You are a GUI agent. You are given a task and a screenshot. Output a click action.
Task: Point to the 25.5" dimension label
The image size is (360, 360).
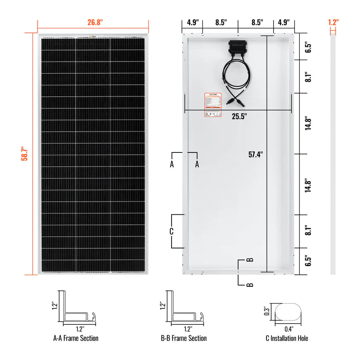coord(240,116)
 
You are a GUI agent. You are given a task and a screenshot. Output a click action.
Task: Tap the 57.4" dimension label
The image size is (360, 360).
coord(255,154)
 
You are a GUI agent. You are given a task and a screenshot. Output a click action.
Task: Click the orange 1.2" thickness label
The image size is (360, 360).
coord(333,22)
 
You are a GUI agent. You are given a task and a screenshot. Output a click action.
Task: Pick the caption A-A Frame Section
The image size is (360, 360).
coord(76,338)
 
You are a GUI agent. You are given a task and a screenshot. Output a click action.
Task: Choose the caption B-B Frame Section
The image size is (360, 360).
coord(184,338)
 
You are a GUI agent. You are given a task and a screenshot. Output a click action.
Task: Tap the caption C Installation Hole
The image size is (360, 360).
coord(287,338)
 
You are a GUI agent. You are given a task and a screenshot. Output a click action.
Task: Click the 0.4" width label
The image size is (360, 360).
coord(288,329)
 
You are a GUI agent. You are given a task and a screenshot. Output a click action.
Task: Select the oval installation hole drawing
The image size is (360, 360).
coord(287,311)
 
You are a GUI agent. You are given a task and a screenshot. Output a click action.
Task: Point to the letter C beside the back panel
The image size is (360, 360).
coord(171,231)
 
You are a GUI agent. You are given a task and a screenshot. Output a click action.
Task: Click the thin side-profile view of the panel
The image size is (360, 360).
coord(333,154)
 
